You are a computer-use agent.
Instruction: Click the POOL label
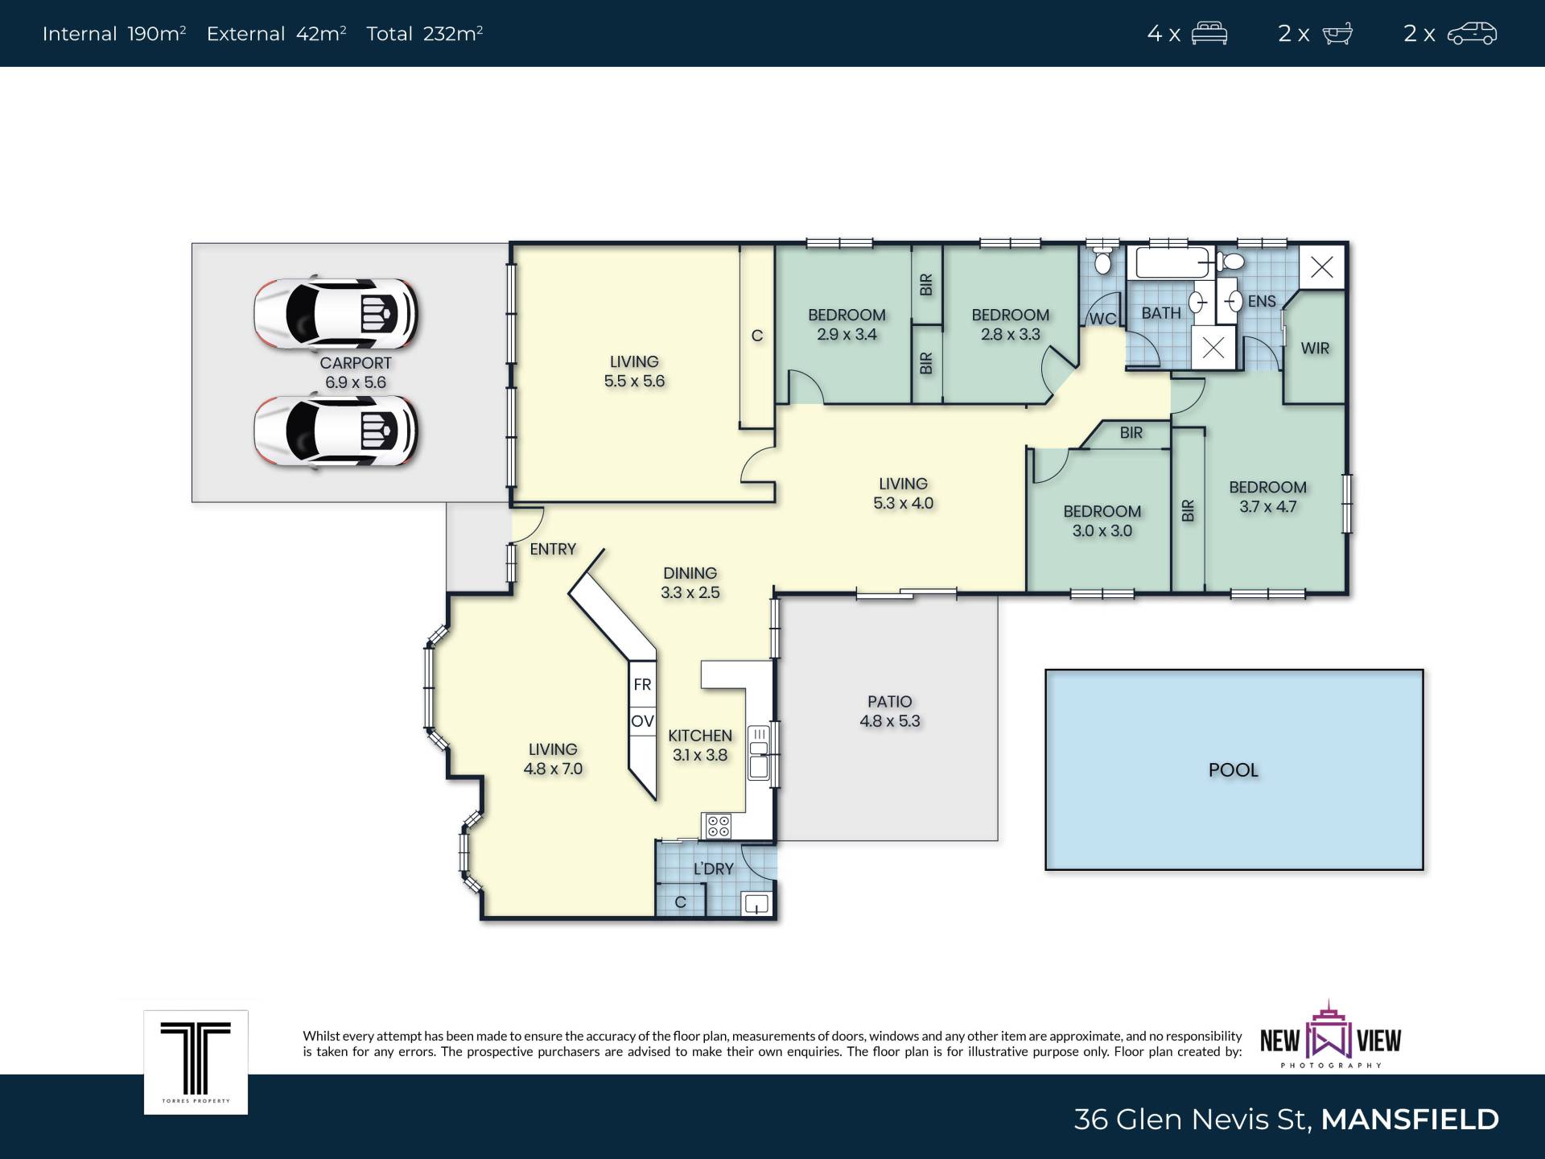pos(1233,770)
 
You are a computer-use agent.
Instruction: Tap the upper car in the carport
pos(336,313)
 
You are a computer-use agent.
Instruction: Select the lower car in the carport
pos(336,431)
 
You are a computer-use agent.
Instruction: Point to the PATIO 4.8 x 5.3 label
pos(889,711)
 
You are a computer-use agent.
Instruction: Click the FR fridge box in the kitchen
pos(642,684)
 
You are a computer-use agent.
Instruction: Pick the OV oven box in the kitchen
pos(642,721)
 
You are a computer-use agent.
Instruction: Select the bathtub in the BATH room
pos(1173,262)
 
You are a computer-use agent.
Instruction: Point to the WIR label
pos(1315,349)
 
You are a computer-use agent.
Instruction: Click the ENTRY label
pos(553,549)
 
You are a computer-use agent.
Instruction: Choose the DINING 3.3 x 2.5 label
pos(690,583)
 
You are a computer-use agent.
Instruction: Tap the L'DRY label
pos(714,868)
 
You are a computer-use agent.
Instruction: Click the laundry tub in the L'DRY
pos(756,904)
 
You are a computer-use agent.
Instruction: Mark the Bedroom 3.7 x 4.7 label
pos(1267,497)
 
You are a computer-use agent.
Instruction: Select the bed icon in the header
pos(1209,34)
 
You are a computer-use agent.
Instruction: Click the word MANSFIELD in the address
pos(1410,1119)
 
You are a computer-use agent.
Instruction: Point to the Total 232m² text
pos(424,34)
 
